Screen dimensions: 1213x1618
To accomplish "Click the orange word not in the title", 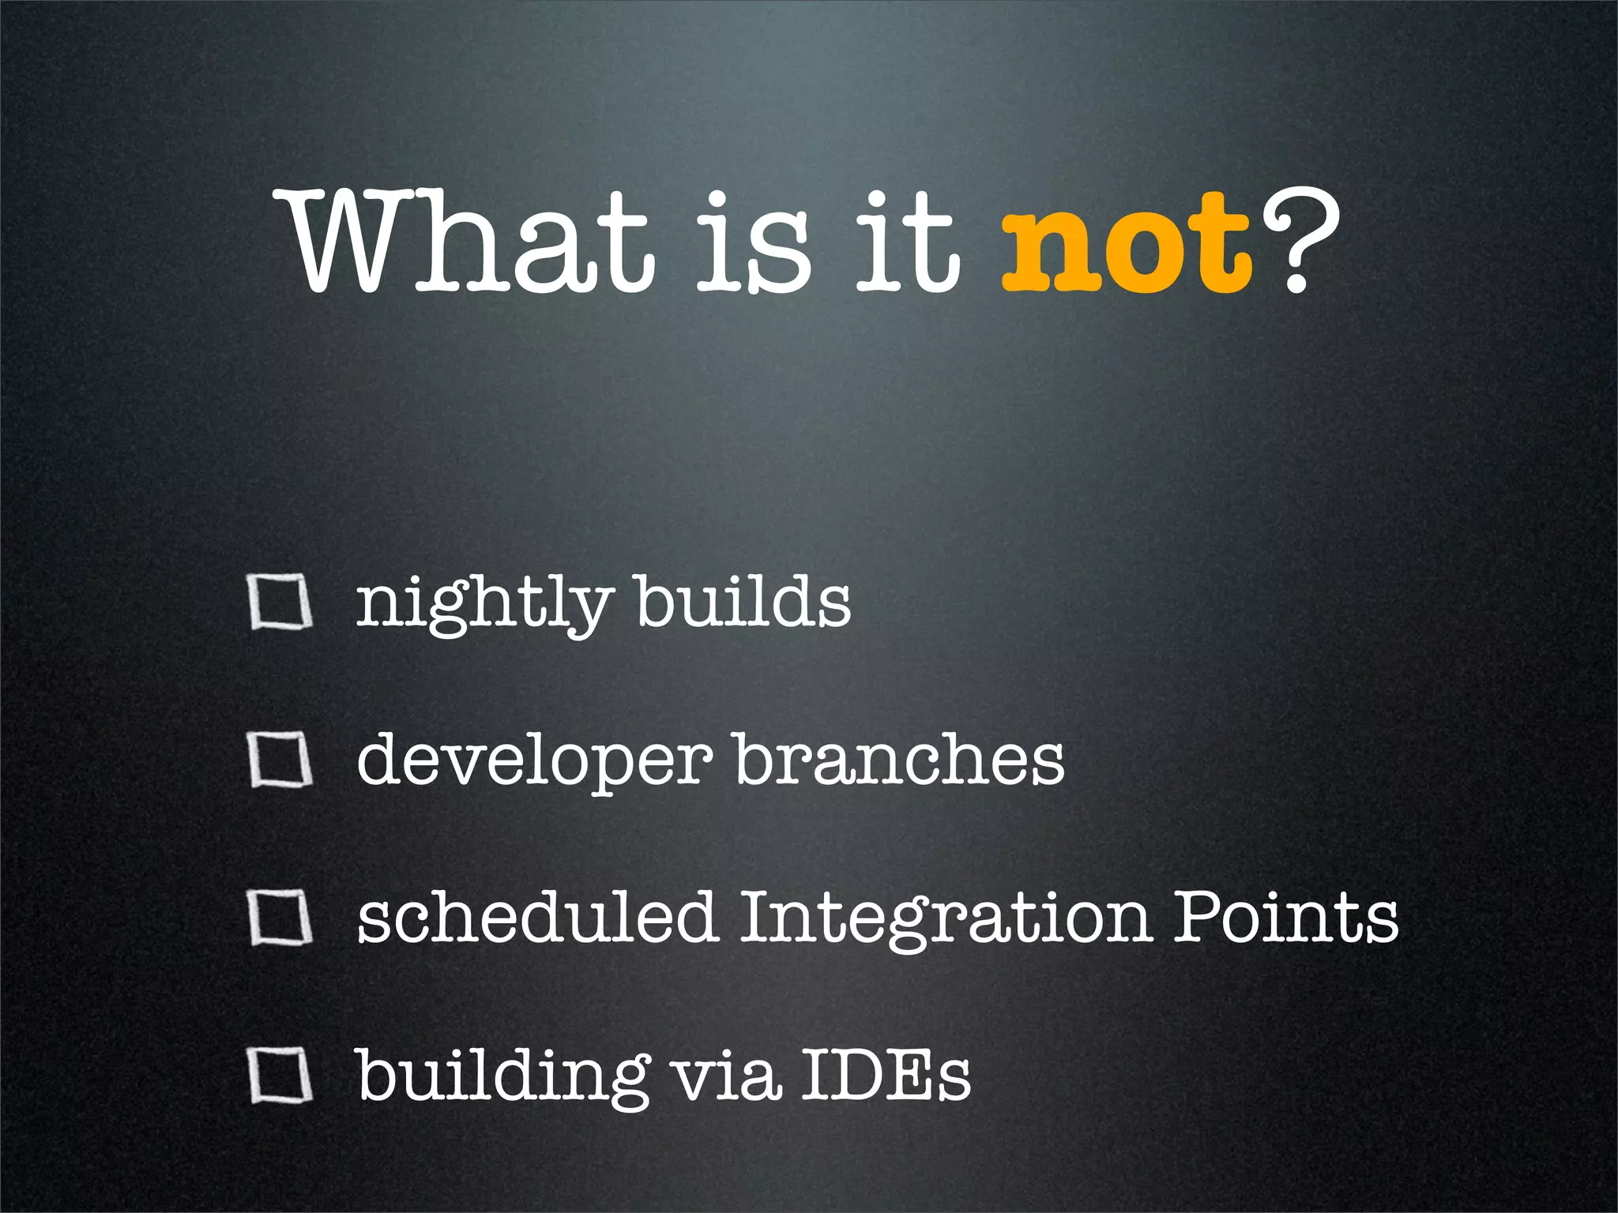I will tap(1126, 245).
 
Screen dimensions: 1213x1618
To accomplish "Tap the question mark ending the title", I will tap(1298, 241).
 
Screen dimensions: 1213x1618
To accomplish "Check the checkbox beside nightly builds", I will tap(279, 603).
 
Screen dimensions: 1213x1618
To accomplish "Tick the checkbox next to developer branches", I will tap(279, 760).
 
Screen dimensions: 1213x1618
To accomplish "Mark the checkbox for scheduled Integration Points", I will tap(279, 918).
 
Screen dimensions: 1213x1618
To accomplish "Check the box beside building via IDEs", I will tap(279, 1075).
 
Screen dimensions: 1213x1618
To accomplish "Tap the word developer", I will tap(533, 762).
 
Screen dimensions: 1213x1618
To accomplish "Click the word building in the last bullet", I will tap(502, 1078).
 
